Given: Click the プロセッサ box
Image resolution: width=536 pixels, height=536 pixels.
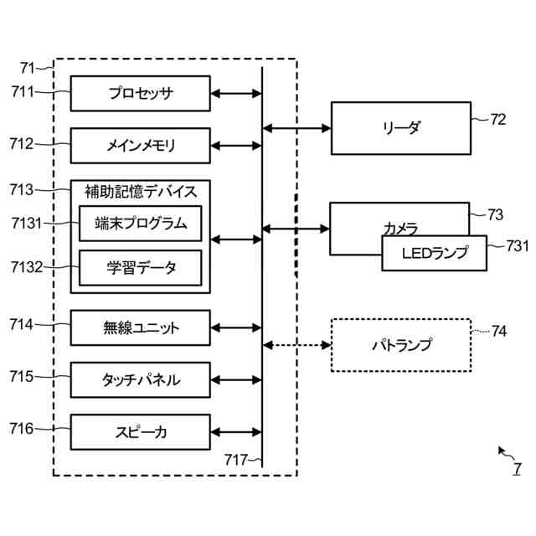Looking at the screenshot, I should click(x=140, y=93).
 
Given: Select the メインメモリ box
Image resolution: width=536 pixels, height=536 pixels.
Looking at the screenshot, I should click(x=140, y=145).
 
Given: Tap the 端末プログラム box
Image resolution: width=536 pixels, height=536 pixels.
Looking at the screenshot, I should click(x=140, y=224).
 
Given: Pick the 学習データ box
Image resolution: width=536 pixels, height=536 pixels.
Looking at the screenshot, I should click(x=140, y=268).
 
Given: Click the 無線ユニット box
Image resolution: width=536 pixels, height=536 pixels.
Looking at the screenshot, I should click(x=140, y=327).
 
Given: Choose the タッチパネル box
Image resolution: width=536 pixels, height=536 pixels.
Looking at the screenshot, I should click(x=140, y=379).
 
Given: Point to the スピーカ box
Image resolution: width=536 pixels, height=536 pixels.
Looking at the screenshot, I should click(x=140, y=431).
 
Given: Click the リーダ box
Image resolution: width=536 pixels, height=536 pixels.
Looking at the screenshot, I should click(x=400, y=127).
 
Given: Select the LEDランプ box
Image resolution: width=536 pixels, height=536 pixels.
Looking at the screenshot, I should click(x=435, y=253).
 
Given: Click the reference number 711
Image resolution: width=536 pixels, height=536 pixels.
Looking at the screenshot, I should click(x=23, y=92).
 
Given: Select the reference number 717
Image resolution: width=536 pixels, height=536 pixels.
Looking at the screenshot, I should click(x=235, y=459).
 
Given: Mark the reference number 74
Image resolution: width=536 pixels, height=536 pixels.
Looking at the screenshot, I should click(x=499, y=332).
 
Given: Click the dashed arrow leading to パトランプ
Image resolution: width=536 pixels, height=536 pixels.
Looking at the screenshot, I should click(x=297, y=345).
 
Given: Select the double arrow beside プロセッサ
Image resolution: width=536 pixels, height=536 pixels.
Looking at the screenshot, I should click(x=236, y=93).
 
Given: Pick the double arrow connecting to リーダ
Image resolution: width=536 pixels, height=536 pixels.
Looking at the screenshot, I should click(x=297, y=128).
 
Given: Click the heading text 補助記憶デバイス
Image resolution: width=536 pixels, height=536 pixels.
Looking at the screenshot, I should click(x=140, y=192).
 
